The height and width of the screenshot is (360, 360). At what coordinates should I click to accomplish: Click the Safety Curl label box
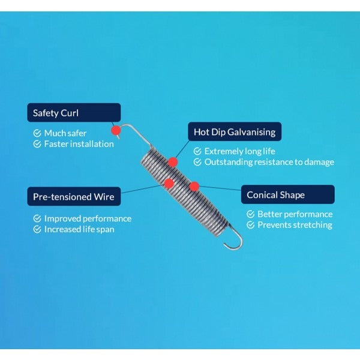click(x=74, y=113)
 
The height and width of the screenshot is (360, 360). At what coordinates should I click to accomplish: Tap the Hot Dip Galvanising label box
click(x=235, y=131)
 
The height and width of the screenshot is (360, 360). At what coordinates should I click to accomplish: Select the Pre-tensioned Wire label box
click(x=74, y=196)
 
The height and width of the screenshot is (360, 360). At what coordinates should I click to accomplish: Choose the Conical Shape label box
click(x=288, y=194)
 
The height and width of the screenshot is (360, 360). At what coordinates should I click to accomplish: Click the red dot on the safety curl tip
click(x=116, y=130)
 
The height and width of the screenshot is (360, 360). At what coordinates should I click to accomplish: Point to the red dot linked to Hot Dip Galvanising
click(x=173, y=162)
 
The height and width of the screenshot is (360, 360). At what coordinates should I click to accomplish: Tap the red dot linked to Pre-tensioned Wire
click(x=169, y=183)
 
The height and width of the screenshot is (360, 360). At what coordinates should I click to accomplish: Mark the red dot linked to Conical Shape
click(x=194, y=187)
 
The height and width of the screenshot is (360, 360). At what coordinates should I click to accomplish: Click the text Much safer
click(x=65, y=133)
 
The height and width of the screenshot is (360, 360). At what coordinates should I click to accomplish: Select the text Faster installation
click(x=79, y=144)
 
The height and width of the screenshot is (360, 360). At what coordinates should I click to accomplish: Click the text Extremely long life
click(x=239, y=151)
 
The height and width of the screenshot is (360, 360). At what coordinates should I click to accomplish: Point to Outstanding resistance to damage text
click(x=269, y=162)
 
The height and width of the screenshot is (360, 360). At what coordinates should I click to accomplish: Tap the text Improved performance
click(x=88, y=218)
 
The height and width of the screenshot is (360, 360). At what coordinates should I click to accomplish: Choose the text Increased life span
click(x=79, y=229)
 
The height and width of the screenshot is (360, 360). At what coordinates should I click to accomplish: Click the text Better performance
click(x=295, y=214)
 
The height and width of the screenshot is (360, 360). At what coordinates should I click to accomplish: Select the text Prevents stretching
click(x=295, y=225)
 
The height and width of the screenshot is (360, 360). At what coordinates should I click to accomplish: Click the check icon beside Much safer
click(x=37, y=133)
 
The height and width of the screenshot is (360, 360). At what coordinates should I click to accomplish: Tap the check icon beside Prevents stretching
click(x=250, y=225)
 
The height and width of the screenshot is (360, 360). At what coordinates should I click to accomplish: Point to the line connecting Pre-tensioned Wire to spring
click(x=143, y=189)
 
